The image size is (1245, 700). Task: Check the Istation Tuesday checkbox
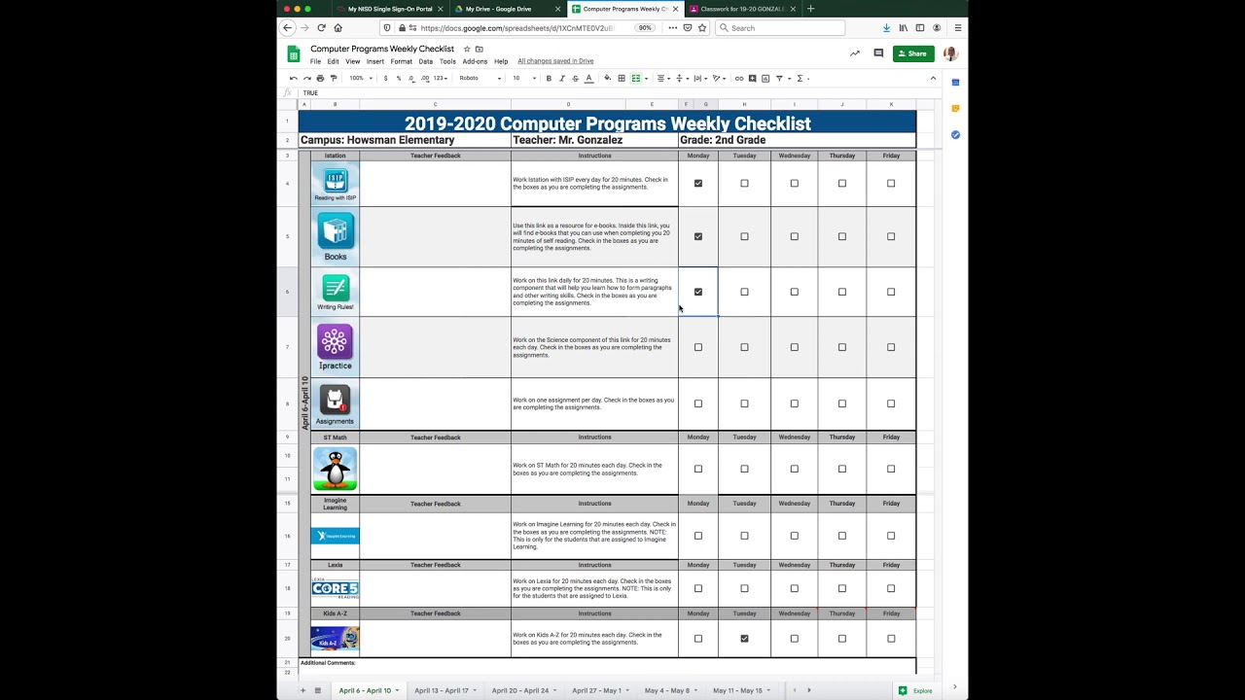tap(744, 183)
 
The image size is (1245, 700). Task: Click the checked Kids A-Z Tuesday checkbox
tap(744, 639)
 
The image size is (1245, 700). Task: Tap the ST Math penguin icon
tap(335, 469)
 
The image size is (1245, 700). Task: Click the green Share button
tap(913, 53)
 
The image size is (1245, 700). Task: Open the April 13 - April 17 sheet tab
tap(442, 690)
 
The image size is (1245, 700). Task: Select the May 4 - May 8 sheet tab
tap(666, 690)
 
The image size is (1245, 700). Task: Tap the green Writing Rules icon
tap(335, 288)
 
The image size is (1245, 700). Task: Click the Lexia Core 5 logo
tap(335, 588)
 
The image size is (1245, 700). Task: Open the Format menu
tap(401, 61)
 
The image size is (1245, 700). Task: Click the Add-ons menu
tap(475, 61)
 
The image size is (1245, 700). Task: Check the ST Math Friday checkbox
tap(891, 469)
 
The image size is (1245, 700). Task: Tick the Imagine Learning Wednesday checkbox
tap(794, 536)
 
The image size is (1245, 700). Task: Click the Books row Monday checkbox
tap(697, 236)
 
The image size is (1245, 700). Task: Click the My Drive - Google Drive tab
tap(498, 9)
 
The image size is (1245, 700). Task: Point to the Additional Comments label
tap(328, 663)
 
